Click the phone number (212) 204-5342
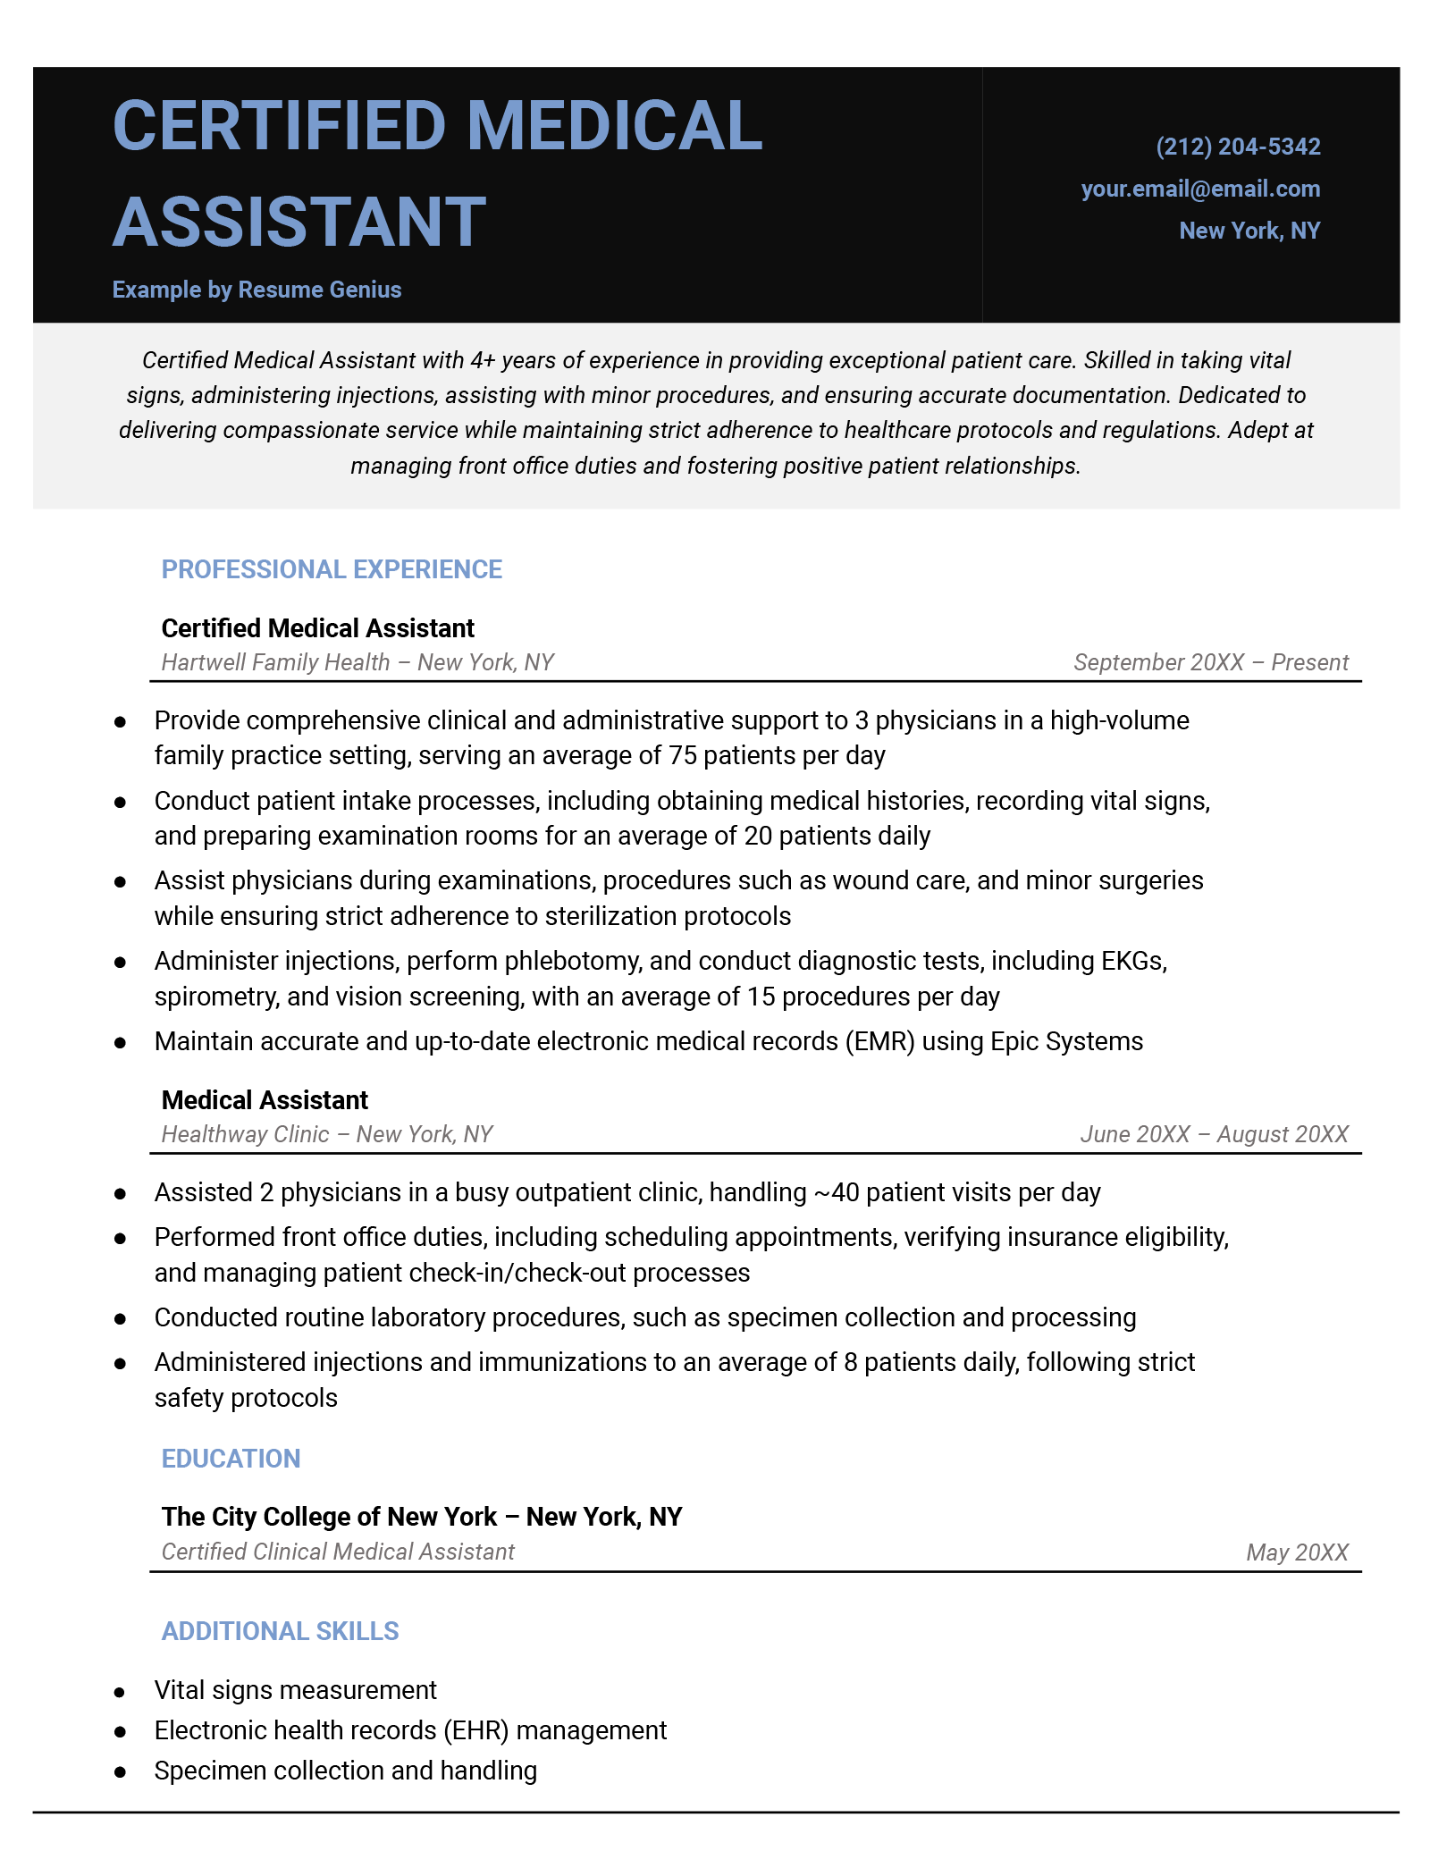(x=1238, y=147)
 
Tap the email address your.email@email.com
(x=1200, y=189)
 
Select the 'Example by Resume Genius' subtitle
(x=257, y=290)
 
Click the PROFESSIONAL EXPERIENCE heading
(x=332, y=569)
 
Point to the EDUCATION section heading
(x=231, y=1459)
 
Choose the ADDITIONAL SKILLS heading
(x=280, y=1631)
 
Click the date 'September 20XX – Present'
(x=1211, y=662)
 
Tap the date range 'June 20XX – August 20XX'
(x=1214, y=1134)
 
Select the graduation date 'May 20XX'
(x=1297, y=1552)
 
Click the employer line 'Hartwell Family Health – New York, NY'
(x=357, y=662)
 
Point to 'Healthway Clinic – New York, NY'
(x=327, y=1134)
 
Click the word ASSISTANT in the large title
(x=299, y=223)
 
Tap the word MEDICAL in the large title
(x=615, y=126)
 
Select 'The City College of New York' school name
(x=329, y=1517)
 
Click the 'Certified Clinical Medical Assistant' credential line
(x=338, y=1552)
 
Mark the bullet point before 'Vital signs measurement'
(x=120, y=1692)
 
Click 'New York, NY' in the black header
(x=1249, y=231)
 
